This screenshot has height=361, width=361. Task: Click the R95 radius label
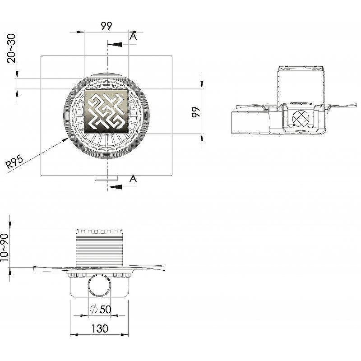pyautogui.click(x=14, y=162)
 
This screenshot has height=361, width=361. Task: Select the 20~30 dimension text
pyautogui.click(x=11, y=48)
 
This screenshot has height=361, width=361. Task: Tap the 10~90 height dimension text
pyautogui.click(x=4, y=248)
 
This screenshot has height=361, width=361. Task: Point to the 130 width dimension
pyautogui.click(x=100, y=329)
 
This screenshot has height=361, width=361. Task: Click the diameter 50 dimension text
pyautogui.click(x=101, y=309)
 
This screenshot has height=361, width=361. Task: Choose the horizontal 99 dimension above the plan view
pyautogui.click(x=106, y=26)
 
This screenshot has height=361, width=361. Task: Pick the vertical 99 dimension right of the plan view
pyautogui.click(x=196, y=112)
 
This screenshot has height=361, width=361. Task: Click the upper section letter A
pyautogui.click(x=133, y=36)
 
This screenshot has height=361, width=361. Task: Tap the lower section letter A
pyautogui.click(x=133, y=179)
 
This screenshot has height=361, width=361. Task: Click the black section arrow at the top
pyautogui.click(x=115, y=44)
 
